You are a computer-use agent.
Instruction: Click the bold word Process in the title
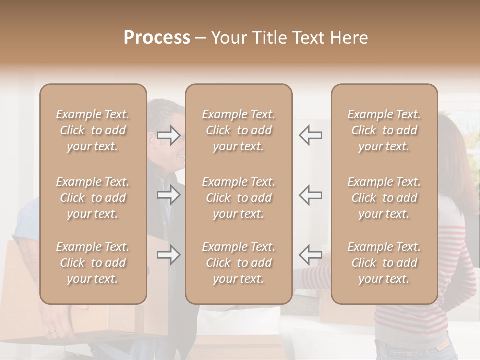pos(157,38)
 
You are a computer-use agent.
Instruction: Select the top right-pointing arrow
pos(168,135)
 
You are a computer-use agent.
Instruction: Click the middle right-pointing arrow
pos(168,195)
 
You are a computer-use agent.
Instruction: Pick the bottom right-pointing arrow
pos(168,255)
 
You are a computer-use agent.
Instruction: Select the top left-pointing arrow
pos(311,135)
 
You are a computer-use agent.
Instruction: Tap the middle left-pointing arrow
pos(311,195)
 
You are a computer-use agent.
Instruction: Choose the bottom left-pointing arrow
pos(311,255)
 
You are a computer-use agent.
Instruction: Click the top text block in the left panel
pos(93,130)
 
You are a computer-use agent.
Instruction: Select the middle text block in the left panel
pos(93,198)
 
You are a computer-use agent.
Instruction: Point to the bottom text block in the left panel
pos(93,263)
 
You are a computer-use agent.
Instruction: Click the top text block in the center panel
pos(238,130)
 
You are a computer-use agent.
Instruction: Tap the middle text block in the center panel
pos(238,198)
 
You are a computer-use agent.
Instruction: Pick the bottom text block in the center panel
pos(238,263)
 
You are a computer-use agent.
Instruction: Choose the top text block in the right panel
pos(384,130)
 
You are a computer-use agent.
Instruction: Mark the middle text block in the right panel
pos(384,198)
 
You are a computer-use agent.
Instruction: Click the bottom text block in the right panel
pos(384,263)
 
